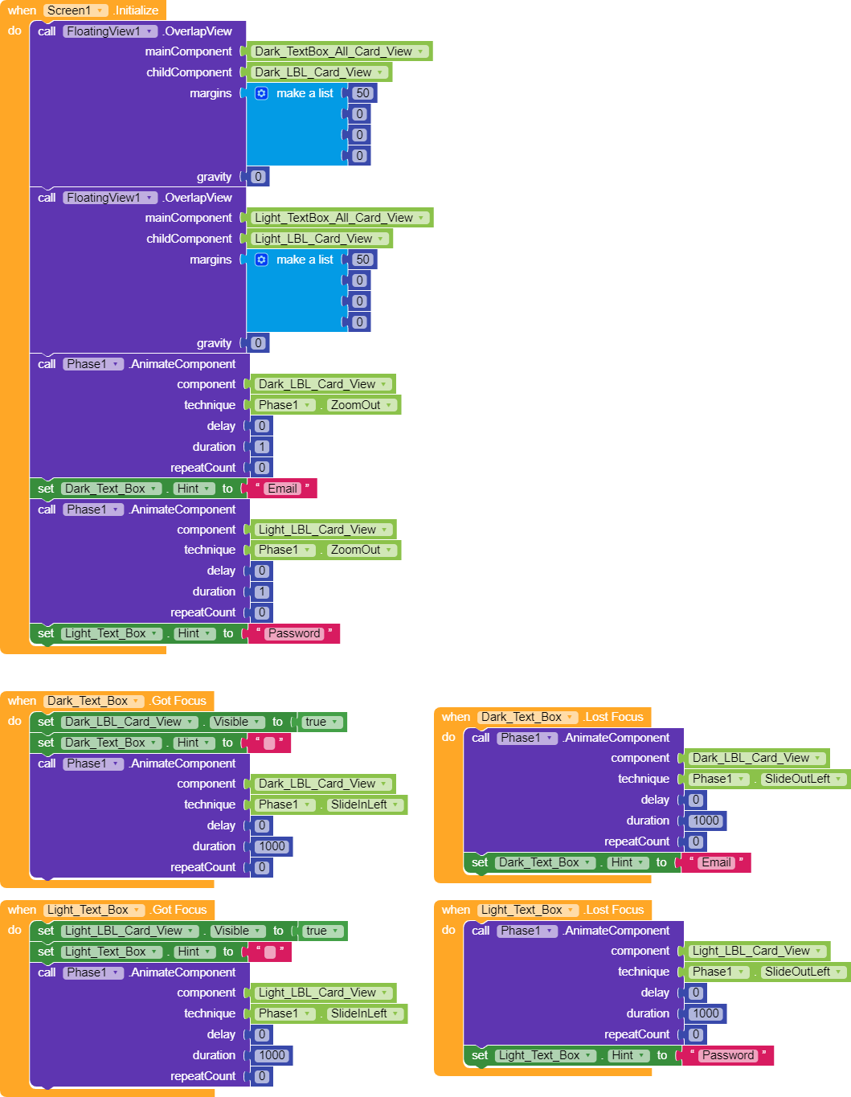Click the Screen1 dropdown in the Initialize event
pyautogui.click(x=76, y=10)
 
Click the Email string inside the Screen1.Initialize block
pyautogui.click(x=282, y=489)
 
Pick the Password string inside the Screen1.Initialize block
pyautogui.click(x=294, y=633)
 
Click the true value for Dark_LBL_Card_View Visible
pyautogui.click(x=321, y=722)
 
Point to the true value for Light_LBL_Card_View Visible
pyautogui.click(x=321, y=931)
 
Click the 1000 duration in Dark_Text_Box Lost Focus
pyautogui.click(x=706, y=821)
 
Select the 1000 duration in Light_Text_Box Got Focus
pyautogui.click(x=272, y=1055)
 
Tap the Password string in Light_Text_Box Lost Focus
pyautogui.click(x=728, y=1055)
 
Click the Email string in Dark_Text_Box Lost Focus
pyautogui.click(x=716, y=862)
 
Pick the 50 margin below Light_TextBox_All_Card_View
pyautogui.click(x=362, y=260)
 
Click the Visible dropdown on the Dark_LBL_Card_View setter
pyautogui.click(x=236, y=722)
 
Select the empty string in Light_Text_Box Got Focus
pyautogui.click(x=270, y=952)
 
